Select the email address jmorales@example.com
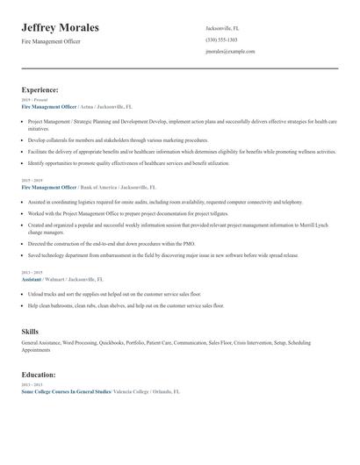coord(230,51)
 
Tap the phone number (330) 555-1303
coord(221,39)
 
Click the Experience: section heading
coord(40,89)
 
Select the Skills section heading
coord(30,331)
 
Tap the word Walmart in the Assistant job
coord(61,278)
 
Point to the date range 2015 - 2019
coord(32,181)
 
